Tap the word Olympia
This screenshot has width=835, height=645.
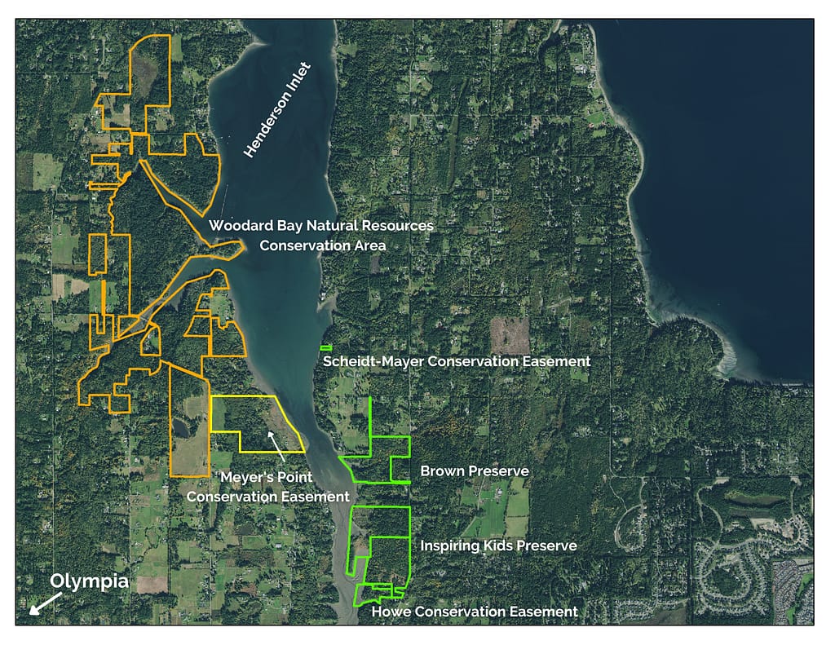89,581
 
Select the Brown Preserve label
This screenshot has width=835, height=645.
474,471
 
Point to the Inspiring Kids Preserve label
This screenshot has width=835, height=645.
498,546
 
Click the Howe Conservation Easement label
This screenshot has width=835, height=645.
475,612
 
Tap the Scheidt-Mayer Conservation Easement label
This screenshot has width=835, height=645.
456,360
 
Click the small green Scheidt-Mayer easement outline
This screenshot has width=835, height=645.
326,348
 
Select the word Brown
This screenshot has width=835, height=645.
441,471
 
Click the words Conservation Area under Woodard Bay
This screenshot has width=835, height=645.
322,245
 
